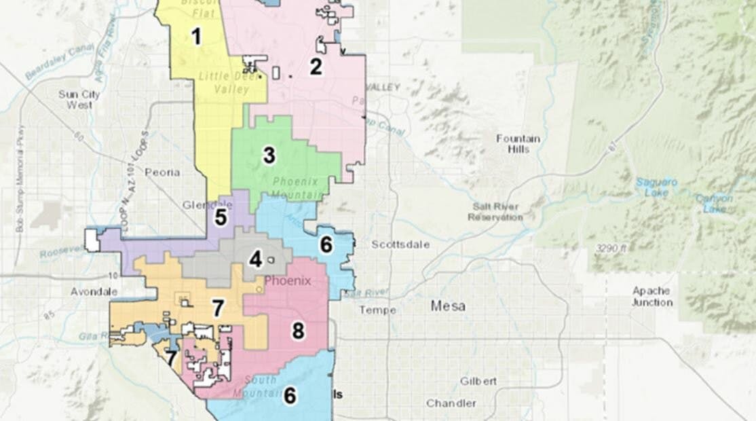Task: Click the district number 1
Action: (196, 36)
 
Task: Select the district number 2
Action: (316, 67)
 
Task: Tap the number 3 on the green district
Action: (269, 155)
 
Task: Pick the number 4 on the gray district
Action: (255, 259)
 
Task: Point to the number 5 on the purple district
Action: (221, 218)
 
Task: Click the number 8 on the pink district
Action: (298, 331)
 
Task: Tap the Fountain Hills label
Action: (518, 143)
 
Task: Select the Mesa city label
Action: (448, 306)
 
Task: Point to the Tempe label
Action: (373, 310)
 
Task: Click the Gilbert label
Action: (478, 381)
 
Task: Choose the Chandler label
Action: (451, 403)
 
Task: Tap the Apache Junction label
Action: (651, 296)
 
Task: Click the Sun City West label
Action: (79, 99)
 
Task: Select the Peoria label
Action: (162, 172)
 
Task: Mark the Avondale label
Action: (94, 291)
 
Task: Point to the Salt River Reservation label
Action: (495, 212)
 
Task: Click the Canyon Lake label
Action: (713, 203)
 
